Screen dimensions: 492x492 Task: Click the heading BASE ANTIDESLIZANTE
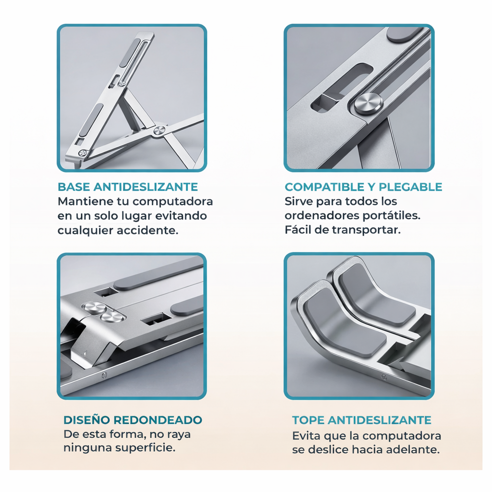[x=128, y=187]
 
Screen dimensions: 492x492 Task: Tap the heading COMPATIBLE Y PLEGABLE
[x=363, y=187]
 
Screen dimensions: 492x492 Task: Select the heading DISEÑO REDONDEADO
[x=133, y=420]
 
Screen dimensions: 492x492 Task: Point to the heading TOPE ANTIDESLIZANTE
[x=361, y=420]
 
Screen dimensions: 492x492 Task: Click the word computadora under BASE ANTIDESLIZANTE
[x=172, y=202]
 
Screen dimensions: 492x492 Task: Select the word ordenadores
[x=321, y=216]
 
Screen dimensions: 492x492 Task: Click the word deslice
[x=328, y=450]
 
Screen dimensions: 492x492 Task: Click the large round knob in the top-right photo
[x=369, y=105]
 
